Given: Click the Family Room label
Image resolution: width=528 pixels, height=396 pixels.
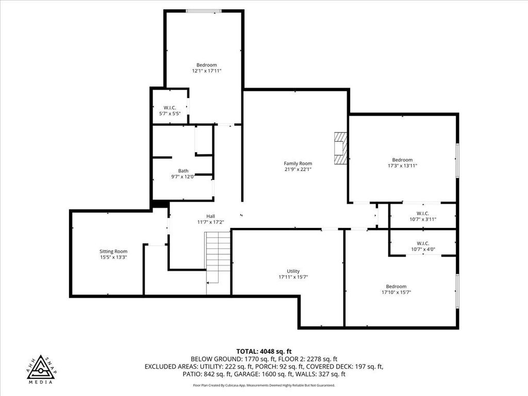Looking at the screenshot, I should tap(298, 163).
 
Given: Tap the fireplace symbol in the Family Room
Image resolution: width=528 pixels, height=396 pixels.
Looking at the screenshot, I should tap(340, 148).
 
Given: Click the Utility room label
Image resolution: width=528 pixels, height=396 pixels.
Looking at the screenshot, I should tap(293, 271).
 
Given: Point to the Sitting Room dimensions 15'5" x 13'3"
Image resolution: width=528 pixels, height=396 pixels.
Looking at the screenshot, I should tap(113, 257).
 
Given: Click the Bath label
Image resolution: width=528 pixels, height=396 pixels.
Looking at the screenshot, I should tap(183, 171).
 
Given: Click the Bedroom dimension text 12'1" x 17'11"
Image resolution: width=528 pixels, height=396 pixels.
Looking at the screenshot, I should tap(206, 71).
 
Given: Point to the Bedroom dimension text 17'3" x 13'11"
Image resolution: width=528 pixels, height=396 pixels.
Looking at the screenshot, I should tap(402, 166).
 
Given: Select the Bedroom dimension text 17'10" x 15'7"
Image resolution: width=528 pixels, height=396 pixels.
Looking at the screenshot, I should tap(396, 292).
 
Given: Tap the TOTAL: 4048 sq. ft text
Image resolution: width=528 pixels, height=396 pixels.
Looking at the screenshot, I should tap(264, 352).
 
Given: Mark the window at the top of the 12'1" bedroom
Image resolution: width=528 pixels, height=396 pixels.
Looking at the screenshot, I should tap(204, 11).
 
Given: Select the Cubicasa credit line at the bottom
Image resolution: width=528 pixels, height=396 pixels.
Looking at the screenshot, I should tap(264, 385).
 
